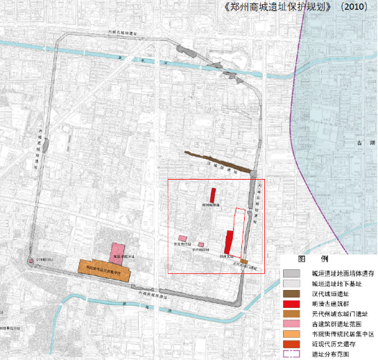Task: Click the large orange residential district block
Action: click(x=104, y=268)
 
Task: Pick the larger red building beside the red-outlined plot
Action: click(x=227, y=242)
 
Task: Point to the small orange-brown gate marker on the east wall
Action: click(x=244, y=262)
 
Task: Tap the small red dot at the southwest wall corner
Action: click(x=31, y=261)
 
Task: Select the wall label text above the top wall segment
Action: click(x=125, y=32)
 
